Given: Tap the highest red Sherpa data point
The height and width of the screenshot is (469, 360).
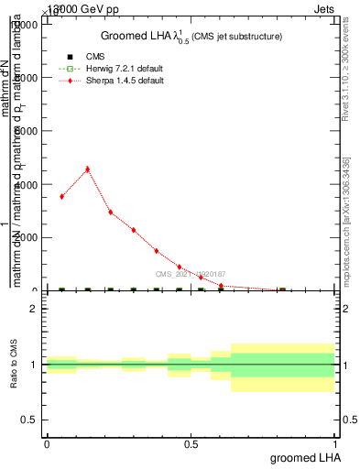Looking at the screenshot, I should pyautogui.click(x=87, y=169).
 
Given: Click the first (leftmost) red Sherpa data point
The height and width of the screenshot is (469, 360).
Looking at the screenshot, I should pyautogui.click(x=61, y=196).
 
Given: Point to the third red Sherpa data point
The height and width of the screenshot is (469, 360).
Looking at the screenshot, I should pyautogui.click(x=110, y=212).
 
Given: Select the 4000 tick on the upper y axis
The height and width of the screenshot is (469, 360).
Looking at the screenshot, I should pyautogui.click(x=26, y=185).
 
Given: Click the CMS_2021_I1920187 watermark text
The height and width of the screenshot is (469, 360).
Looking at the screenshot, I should pyautogui.click(x=190, y=274).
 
